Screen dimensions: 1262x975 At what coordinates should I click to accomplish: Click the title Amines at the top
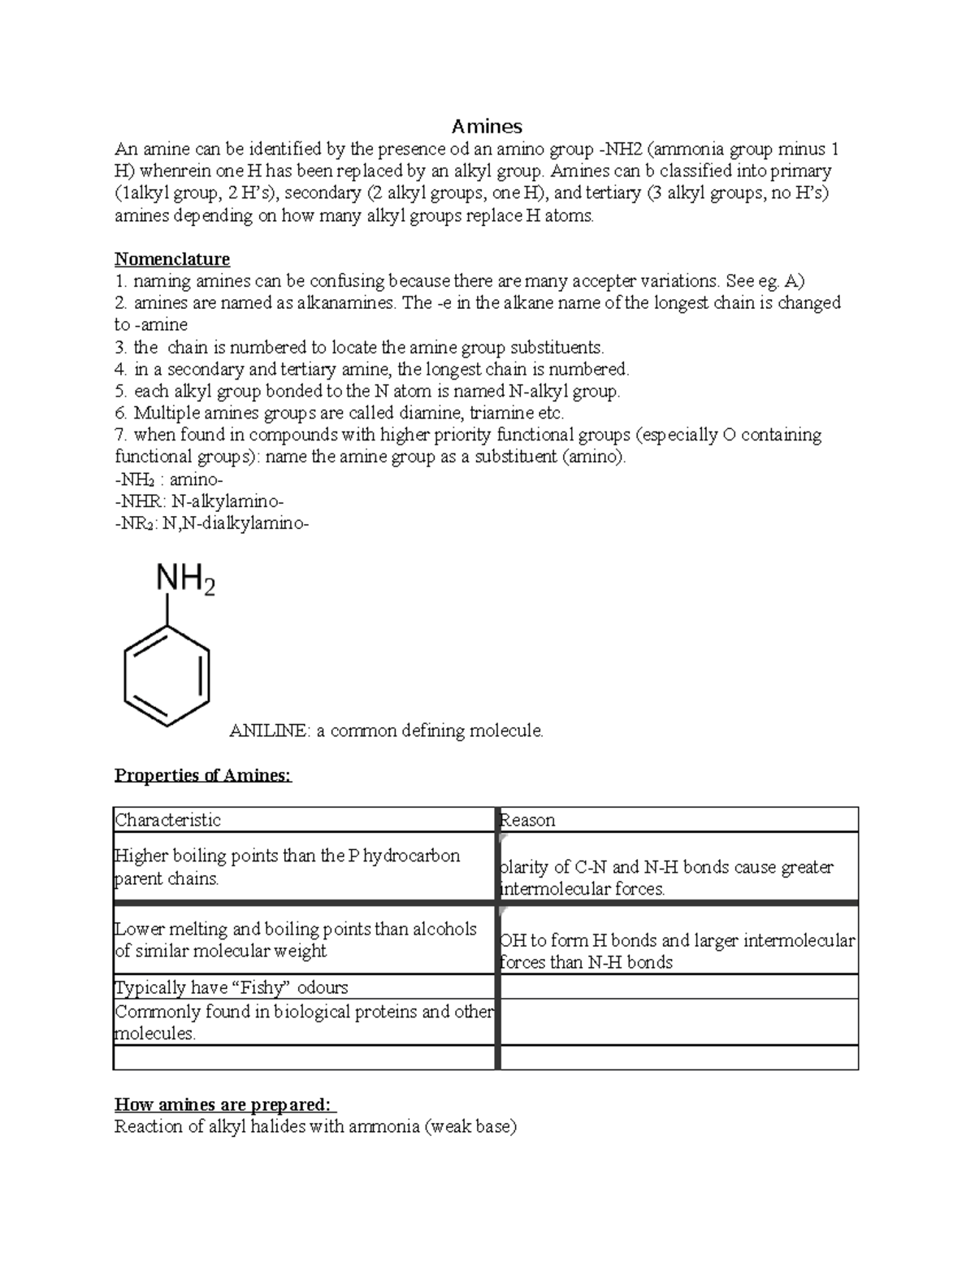[x=487, y=126]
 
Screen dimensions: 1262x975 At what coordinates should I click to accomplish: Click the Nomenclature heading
[x=171, y=259]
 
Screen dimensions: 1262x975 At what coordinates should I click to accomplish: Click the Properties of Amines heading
[x=202, y=775]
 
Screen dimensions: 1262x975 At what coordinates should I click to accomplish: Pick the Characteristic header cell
[x=168, y=820]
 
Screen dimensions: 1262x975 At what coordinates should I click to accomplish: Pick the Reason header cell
[x=528, y=820]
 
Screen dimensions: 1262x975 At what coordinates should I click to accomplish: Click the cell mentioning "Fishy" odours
[x=232, y=987]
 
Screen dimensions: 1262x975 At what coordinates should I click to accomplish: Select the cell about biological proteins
[x=304, y=1022]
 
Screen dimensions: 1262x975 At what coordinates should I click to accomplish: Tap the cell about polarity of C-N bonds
[x=666, y=878]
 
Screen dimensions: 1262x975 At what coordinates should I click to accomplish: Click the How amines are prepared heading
[x=223, y=1105]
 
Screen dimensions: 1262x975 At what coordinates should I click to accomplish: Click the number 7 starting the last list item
[x=119, y=435]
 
